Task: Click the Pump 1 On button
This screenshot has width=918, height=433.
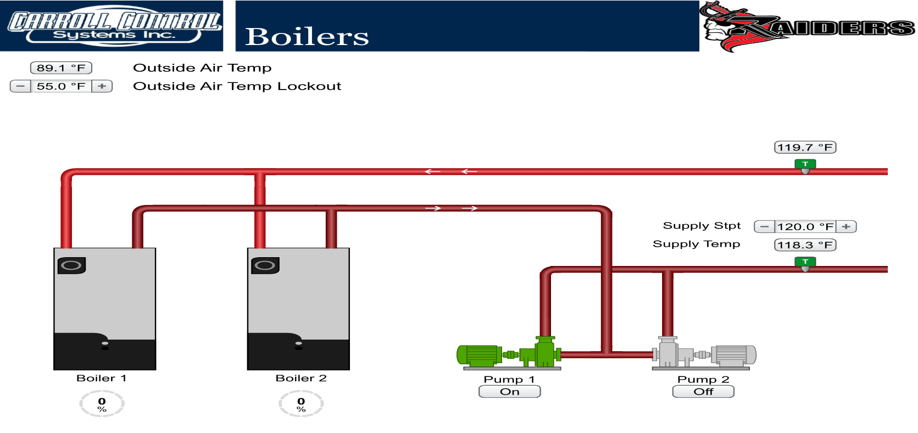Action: click(509, 392)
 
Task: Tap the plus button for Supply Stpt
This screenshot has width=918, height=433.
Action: click(846, 226)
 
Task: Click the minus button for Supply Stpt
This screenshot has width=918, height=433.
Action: click(764, 226)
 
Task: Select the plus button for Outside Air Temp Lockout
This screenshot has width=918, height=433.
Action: click(102, 86)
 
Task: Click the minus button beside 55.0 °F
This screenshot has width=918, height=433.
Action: click(20, 86)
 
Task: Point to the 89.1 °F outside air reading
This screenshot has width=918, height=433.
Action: click(61, 68)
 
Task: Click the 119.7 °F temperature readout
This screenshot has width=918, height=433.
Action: click(805, 147)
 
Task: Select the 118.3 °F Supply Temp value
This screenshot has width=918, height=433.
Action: click(805, 245)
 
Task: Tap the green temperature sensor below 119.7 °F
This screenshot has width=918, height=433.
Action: click(805, 165)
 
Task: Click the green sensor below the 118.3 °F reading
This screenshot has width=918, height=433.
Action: click(805, 263)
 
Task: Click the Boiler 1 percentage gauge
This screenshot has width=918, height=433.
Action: click(102, 404)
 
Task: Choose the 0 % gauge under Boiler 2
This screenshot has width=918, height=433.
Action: click(301, 404)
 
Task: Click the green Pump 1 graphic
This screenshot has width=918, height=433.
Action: click(508, 353)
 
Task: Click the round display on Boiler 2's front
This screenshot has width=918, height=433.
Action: click(265, 265)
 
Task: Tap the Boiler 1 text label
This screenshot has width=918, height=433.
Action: click(102, 378)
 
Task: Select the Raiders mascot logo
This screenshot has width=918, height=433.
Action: click(808, 26)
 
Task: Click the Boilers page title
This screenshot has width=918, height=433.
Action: click(307, 37)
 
